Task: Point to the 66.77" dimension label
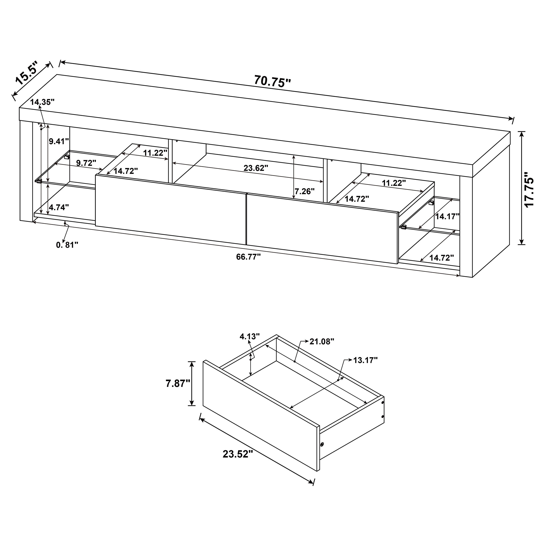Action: [x=248, y=257]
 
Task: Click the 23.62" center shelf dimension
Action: [x=255, y=168]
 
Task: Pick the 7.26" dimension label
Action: [x=305, y=192]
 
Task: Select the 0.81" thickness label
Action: [x=67, y=245]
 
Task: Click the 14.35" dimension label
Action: [x=42, y=102]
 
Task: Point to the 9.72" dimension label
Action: [x=86, y=163]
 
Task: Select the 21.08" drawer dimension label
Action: [x=322, y=342]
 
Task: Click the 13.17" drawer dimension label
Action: [x=365, y=360]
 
